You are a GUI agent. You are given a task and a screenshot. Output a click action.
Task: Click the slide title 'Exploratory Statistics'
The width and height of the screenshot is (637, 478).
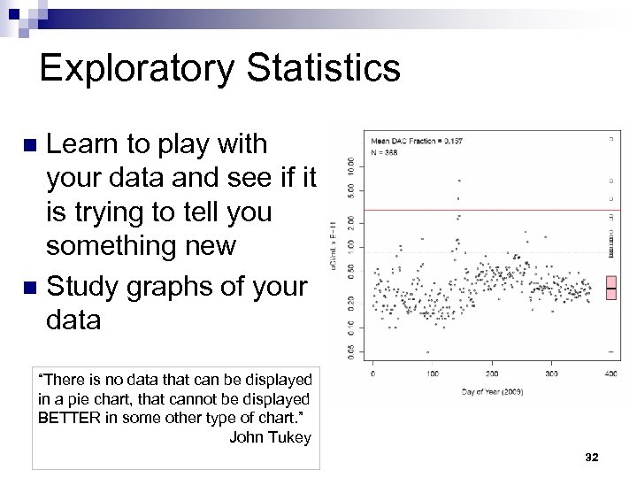point(219,68)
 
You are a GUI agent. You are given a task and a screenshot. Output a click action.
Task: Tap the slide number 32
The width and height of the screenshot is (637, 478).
point(592,457)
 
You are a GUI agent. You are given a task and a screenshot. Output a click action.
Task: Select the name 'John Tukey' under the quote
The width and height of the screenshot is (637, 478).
point(270,436)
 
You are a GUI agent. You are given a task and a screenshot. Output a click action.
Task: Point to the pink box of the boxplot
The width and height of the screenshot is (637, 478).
point(610,287)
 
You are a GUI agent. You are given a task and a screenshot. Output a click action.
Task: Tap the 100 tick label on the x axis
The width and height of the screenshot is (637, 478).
point(432,374)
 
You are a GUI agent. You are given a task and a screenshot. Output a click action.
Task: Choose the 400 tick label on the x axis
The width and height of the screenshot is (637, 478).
point(610,374)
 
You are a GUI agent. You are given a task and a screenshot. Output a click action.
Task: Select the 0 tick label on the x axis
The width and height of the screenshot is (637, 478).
point(372,374)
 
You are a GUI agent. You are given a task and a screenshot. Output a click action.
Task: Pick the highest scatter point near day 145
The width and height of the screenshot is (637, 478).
point(458,180)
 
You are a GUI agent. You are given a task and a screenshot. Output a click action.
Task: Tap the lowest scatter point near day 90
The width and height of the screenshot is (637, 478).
point(427,351)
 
